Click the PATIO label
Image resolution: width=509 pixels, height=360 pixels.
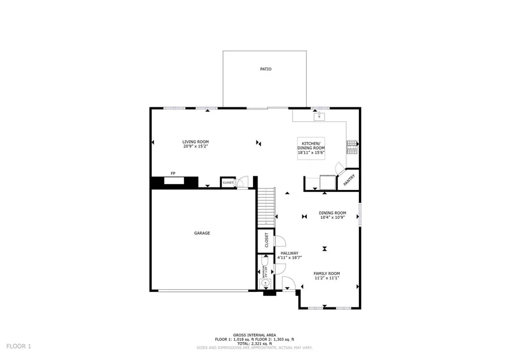pyautogui.click(x=266, y=69)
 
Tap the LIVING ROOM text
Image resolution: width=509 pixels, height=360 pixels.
pyautogui.click(x=195, y=142)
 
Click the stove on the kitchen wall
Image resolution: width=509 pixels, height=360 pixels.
pyautogui.click(x=352, y=147)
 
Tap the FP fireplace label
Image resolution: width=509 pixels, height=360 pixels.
pyautogui.click(x=173, y=173)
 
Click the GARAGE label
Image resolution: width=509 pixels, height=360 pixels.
pyautogui.click(x=202, y=233)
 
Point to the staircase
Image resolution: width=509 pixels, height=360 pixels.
pyautogui.click(x=266, y=206)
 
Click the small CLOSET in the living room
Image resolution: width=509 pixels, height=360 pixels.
pyautogui.click(x=228, y=182)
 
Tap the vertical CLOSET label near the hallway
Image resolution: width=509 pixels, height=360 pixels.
pyautogui.click(x=266, y=240)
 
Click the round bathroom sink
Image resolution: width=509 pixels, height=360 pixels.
pyautogui.click(x=265, y=283)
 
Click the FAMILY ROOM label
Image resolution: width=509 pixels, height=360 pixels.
pyautogui.click(x=327, y=273)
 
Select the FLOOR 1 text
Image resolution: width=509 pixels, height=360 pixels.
pyautogui.click(x=18, y=346)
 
